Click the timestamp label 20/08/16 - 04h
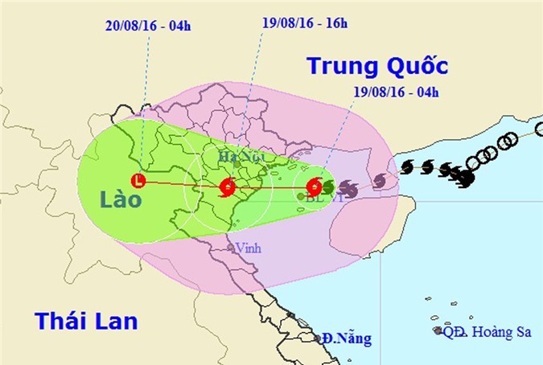pos(146,25)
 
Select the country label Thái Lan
pos(86,322)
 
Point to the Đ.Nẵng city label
pos(347,338)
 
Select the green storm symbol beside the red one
pos(327,187)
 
